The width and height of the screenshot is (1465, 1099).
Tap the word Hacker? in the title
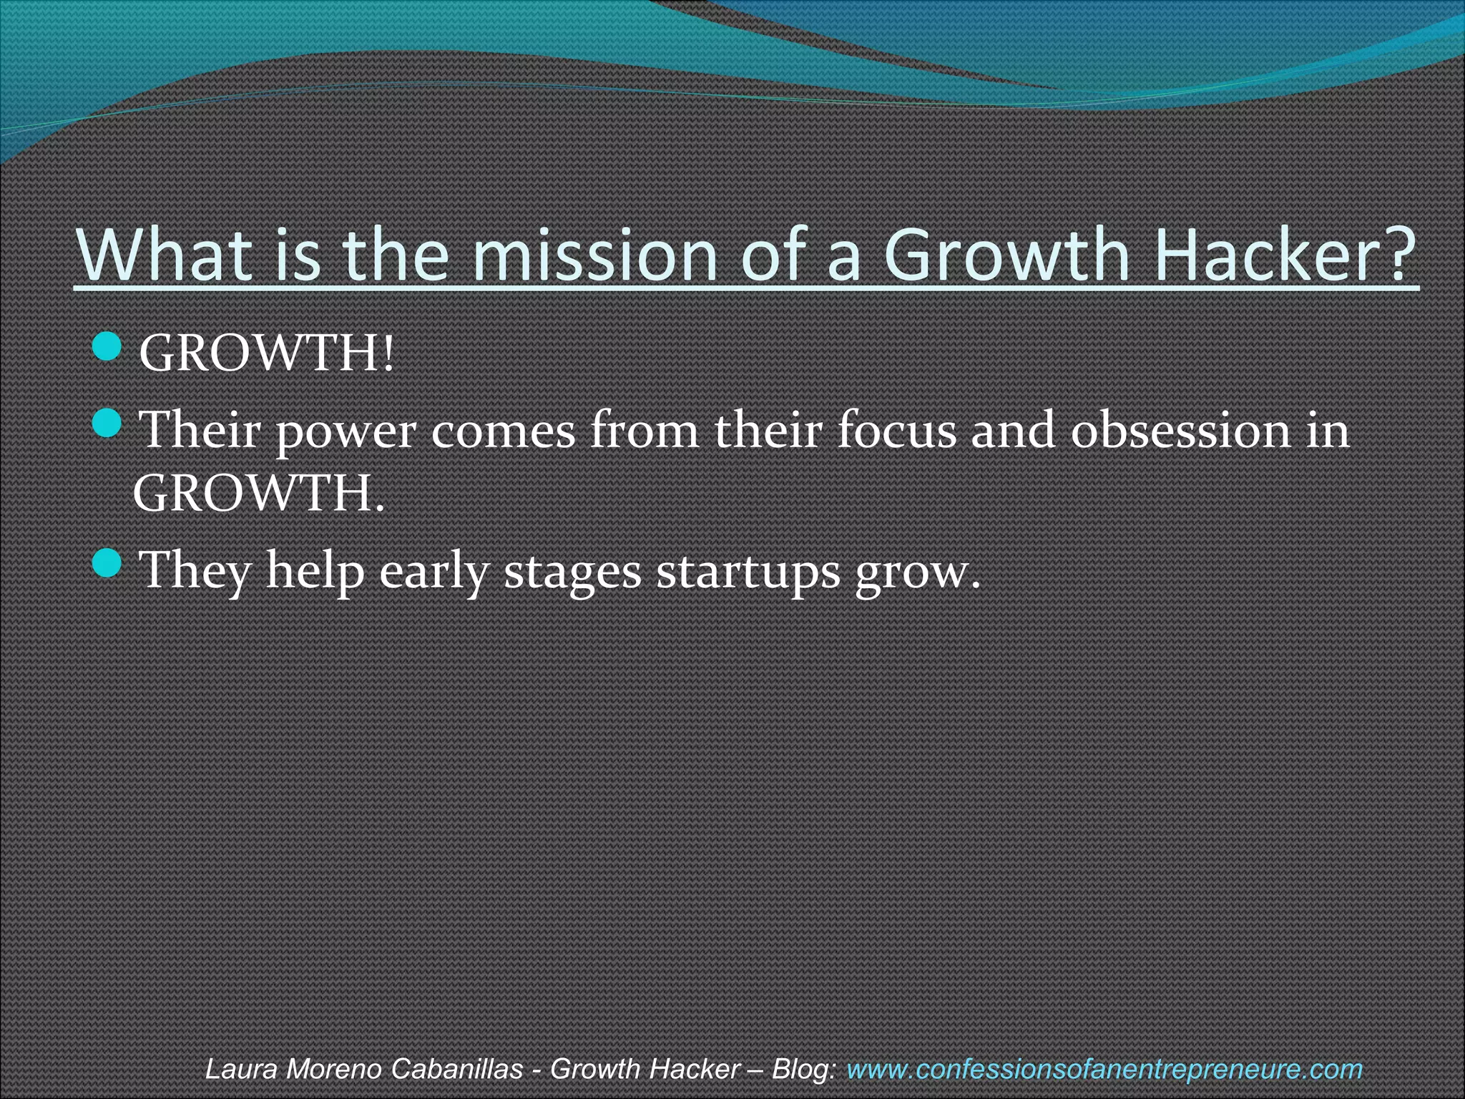[1284, 255]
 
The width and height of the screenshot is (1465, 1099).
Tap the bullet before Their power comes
[108, 424]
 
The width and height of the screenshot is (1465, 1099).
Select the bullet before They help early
[108, 563]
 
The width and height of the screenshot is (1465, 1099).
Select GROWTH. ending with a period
[258, 493]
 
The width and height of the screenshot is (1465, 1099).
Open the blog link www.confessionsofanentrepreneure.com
[1104, 1069]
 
